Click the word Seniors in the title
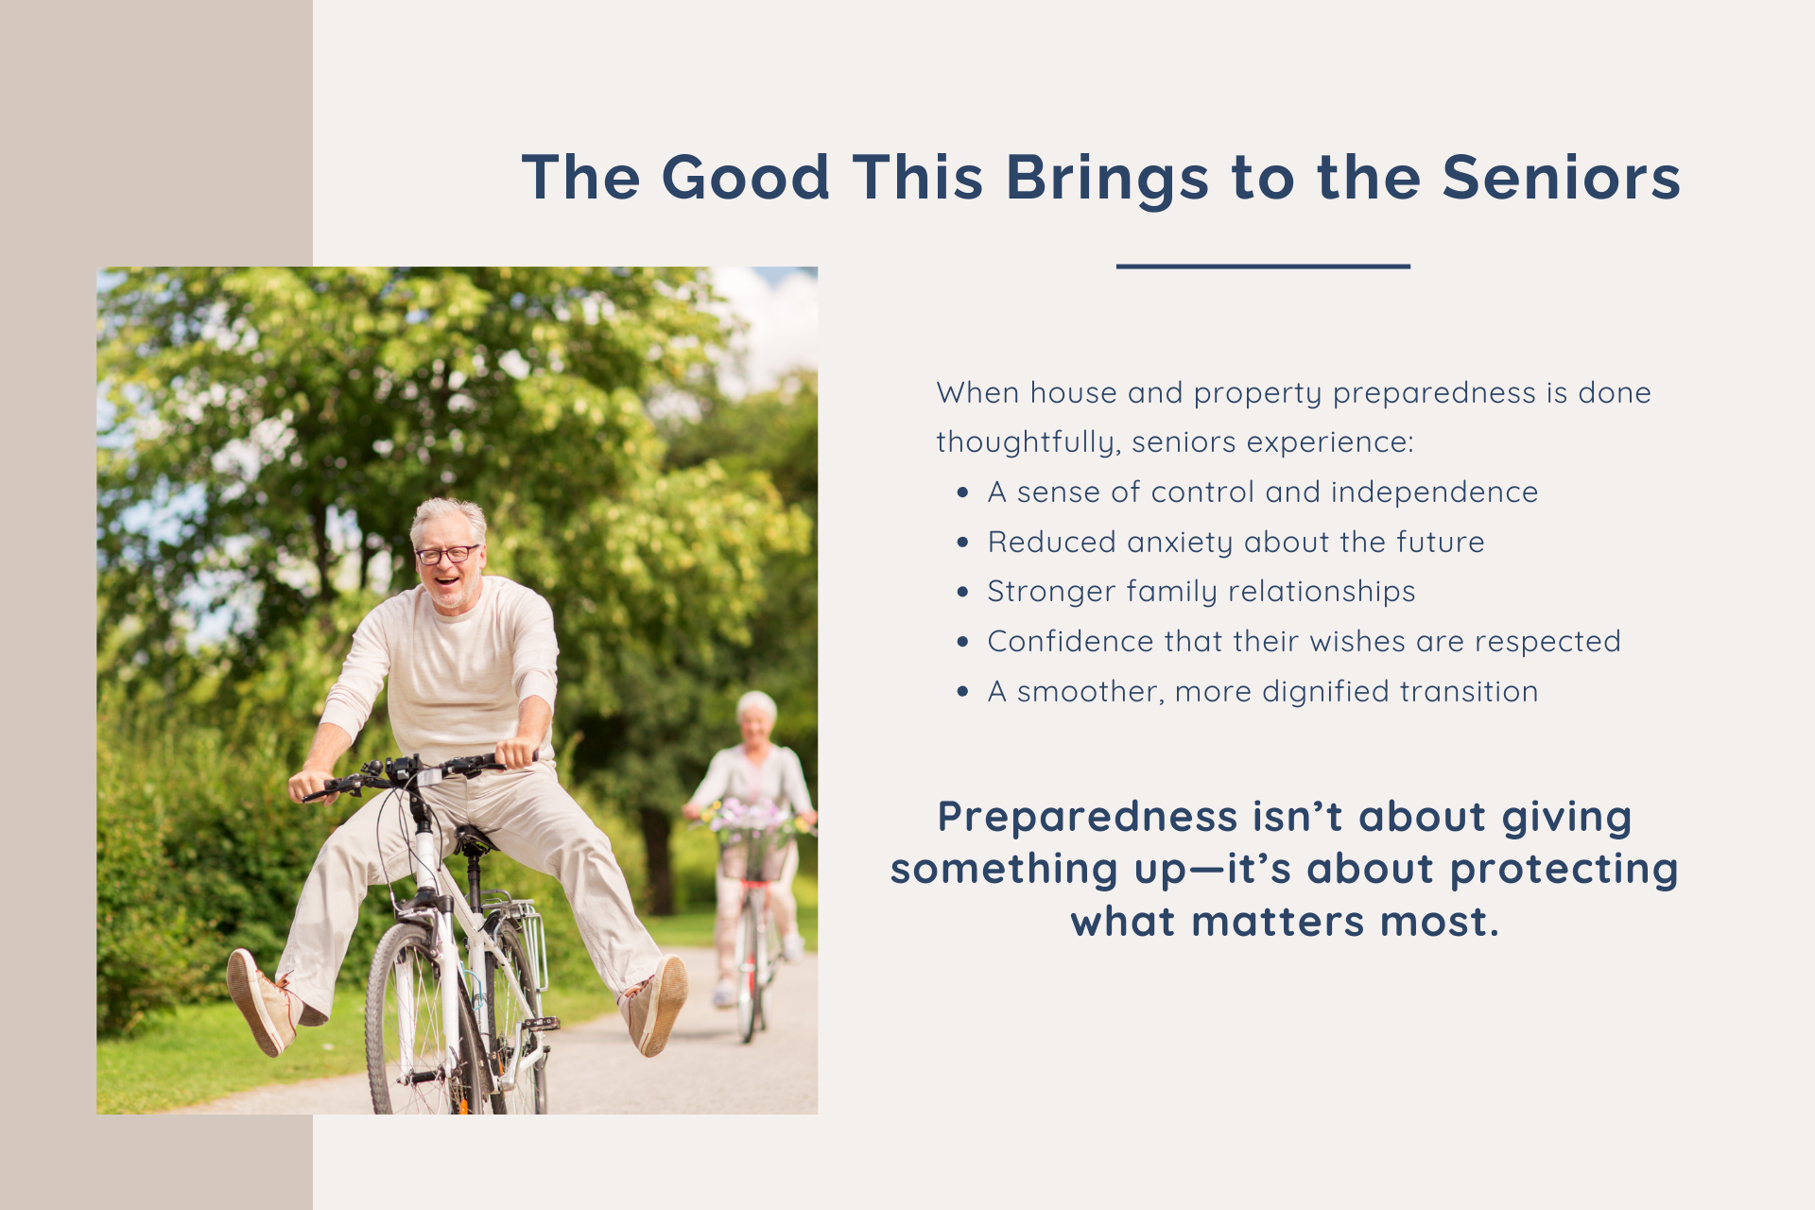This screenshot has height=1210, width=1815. point(1561,178)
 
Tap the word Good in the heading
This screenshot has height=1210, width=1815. point(746,178)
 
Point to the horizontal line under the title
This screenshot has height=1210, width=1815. point(1263,267)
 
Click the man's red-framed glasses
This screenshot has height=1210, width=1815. point(447,554)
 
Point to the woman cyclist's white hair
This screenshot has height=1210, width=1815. point(756,705)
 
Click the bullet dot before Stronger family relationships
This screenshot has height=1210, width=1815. point(962,593)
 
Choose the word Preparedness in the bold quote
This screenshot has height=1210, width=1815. point(1087,818)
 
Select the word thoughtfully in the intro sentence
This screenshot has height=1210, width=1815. point(1028,443)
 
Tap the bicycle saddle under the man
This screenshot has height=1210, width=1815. point(473,838)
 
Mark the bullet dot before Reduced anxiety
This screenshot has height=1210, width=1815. point(962,543)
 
